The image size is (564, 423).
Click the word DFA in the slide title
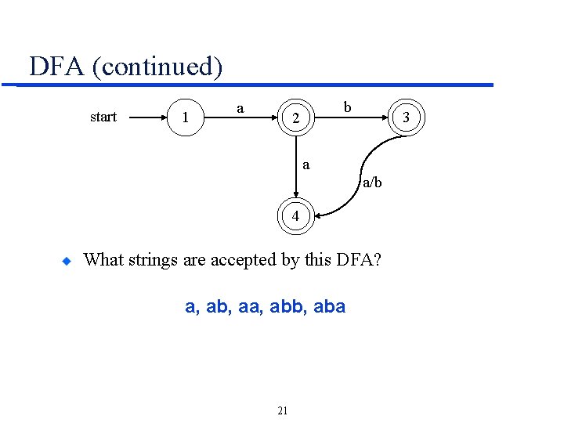(x=56, y=66)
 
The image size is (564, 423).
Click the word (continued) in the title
(x=157, y=67)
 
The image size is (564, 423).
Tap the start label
(x=103, y=117)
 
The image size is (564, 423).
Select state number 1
(x=185, y=119)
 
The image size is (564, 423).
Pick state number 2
(x=295, y=119)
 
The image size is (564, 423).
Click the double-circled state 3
(x=406, y=119)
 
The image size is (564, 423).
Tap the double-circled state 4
(x=295, y=216)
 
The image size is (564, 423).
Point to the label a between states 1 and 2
(x=240, y=107)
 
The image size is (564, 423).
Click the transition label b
(x=348, y=105)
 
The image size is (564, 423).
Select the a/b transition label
(x=371, y=183)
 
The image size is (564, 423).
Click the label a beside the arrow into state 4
(x=306, y=164)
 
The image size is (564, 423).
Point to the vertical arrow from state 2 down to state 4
(x=296, y=168)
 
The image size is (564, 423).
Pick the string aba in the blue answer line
(x=329, y=307)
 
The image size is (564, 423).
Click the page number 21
(x=283, y=410)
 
